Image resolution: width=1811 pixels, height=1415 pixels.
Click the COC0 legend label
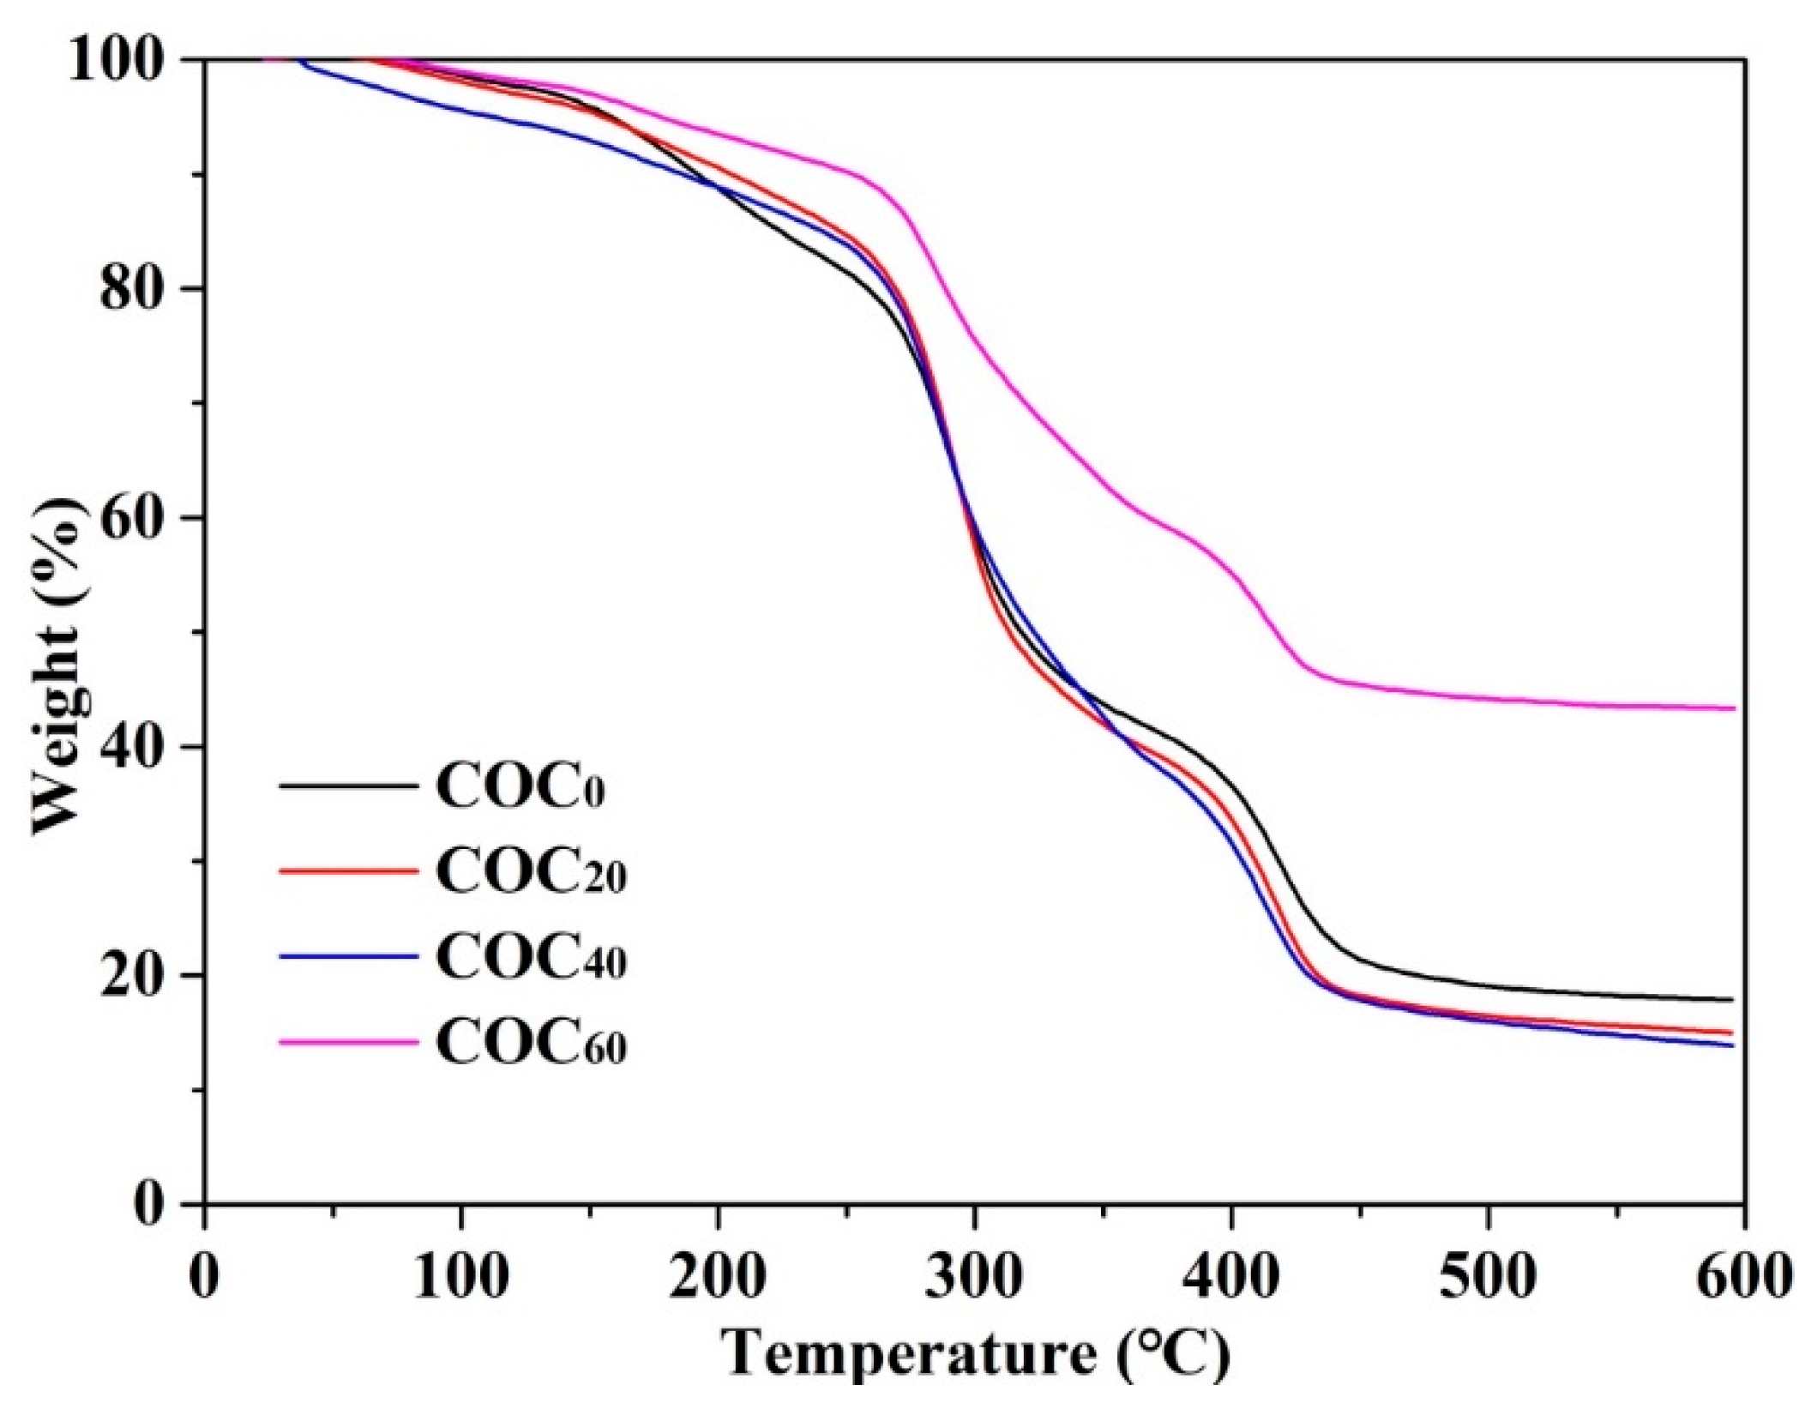pyautogui.click(x=520, y=786)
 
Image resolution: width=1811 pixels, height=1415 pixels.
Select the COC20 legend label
pyautogui.click(x=531, y=872)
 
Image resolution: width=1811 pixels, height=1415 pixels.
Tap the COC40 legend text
pyautogui.click(x=531, y=958)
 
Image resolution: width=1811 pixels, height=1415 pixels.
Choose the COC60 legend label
pyautogui.click(x=531, y=1044)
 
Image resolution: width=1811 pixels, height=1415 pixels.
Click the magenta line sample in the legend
pyautogui.click(x=349, y=1042)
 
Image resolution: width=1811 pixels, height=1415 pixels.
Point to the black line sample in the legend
pyautogui.click(x=349, y=785)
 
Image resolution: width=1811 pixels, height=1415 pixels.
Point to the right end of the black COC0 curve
pyautogui.click(x=1733, y=1000)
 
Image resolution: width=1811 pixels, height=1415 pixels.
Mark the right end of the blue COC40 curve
pyautogui.click(x=1733, y=1045)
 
